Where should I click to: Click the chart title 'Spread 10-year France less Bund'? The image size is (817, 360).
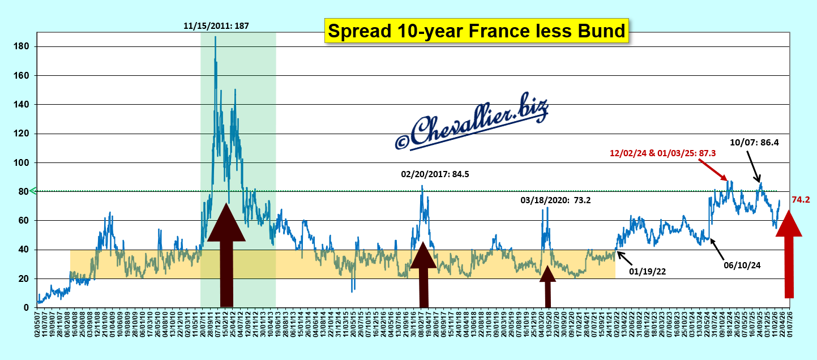[x=477, y=31]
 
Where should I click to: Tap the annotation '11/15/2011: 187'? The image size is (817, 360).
[x=216, y=25]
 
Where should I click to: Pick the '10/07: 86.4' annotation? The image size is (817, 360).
[x=754, y=143]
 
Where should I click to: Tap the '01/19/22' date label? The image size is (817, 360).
[x=647, y=271]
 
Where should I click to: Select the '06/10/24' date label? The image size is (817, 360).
[x=743, y=264]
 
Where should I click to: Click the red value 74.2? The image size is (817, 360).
[x=801, y=200]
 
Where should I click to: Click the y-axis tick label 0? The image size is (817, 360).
[x=25, y=307]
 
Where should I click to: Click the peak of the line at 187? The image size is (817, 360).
[x=215, y=37]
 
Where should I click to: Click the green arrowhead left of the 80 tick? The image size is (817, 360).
[x=32, y=191]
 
